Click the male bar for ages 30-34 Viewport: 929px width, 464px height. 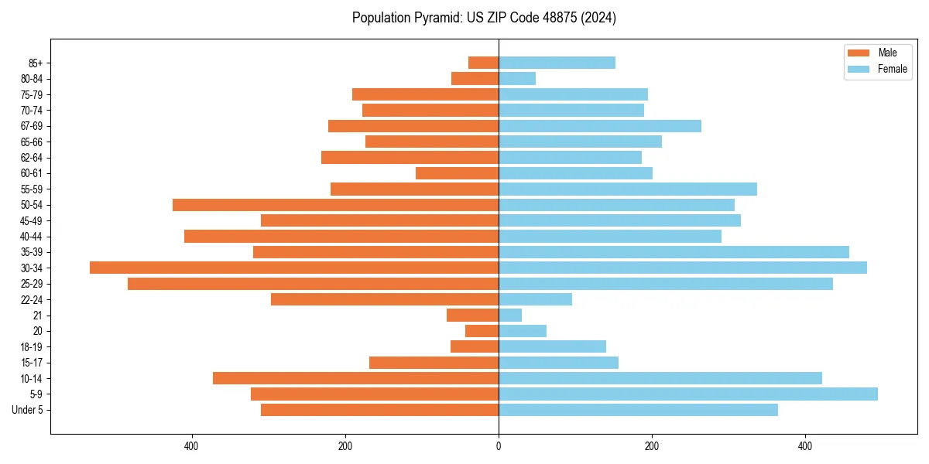coord(294,268)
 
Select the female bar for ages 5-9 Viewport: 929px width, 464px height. coord(687,394)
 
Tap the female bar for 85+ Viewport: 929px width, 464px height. coord(557,63)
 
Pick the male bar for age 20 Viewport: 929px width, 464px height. coord(482,331)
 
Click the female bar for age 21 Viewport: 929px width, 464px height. coord(510,315)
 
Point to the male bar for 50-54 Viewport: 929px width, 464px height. coord(335,205)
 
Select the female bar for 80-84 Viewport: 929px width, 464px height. coord(517,78)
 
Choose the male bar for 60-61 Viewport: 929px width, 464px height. coord(457,173)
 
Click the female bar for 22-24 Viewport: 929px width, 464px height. coord(535,299)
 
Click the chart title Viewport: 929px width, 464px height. coord(484,18)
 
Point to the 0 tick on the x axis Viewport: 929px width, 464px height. coord(499,446)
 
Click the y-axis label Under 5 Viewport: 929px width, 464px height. coord(28,410)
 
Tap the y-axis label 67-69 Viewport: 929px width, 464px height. coord(32,126)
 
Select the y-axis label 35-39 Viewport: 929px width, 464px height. coord(32,252)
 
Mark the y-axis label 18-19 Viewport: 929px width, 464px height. coord(32,346)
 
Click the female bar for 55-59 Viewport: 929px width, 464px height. coord(627,189)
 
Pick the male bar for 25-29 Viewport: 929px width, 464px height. coord(313,284)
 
